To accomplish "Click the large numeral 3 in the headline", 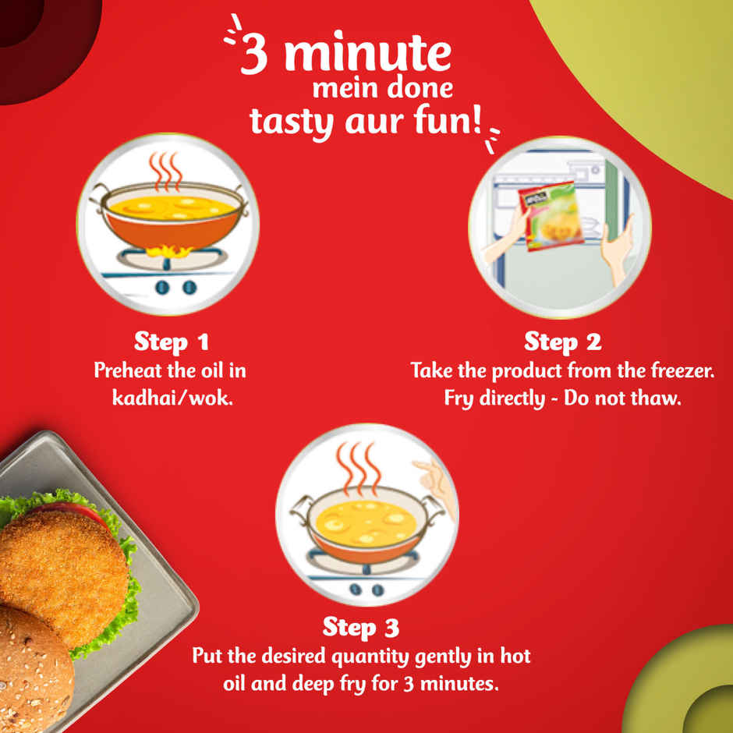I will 255,57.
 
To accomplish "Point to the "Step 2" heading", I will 561,342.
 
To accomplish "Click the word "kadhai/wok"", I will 172,397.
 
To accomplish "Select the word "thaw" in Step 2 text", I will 659,398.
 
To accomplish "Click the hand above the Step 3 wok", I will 431,480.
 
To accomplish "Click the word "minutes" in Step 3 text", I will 459,685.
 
